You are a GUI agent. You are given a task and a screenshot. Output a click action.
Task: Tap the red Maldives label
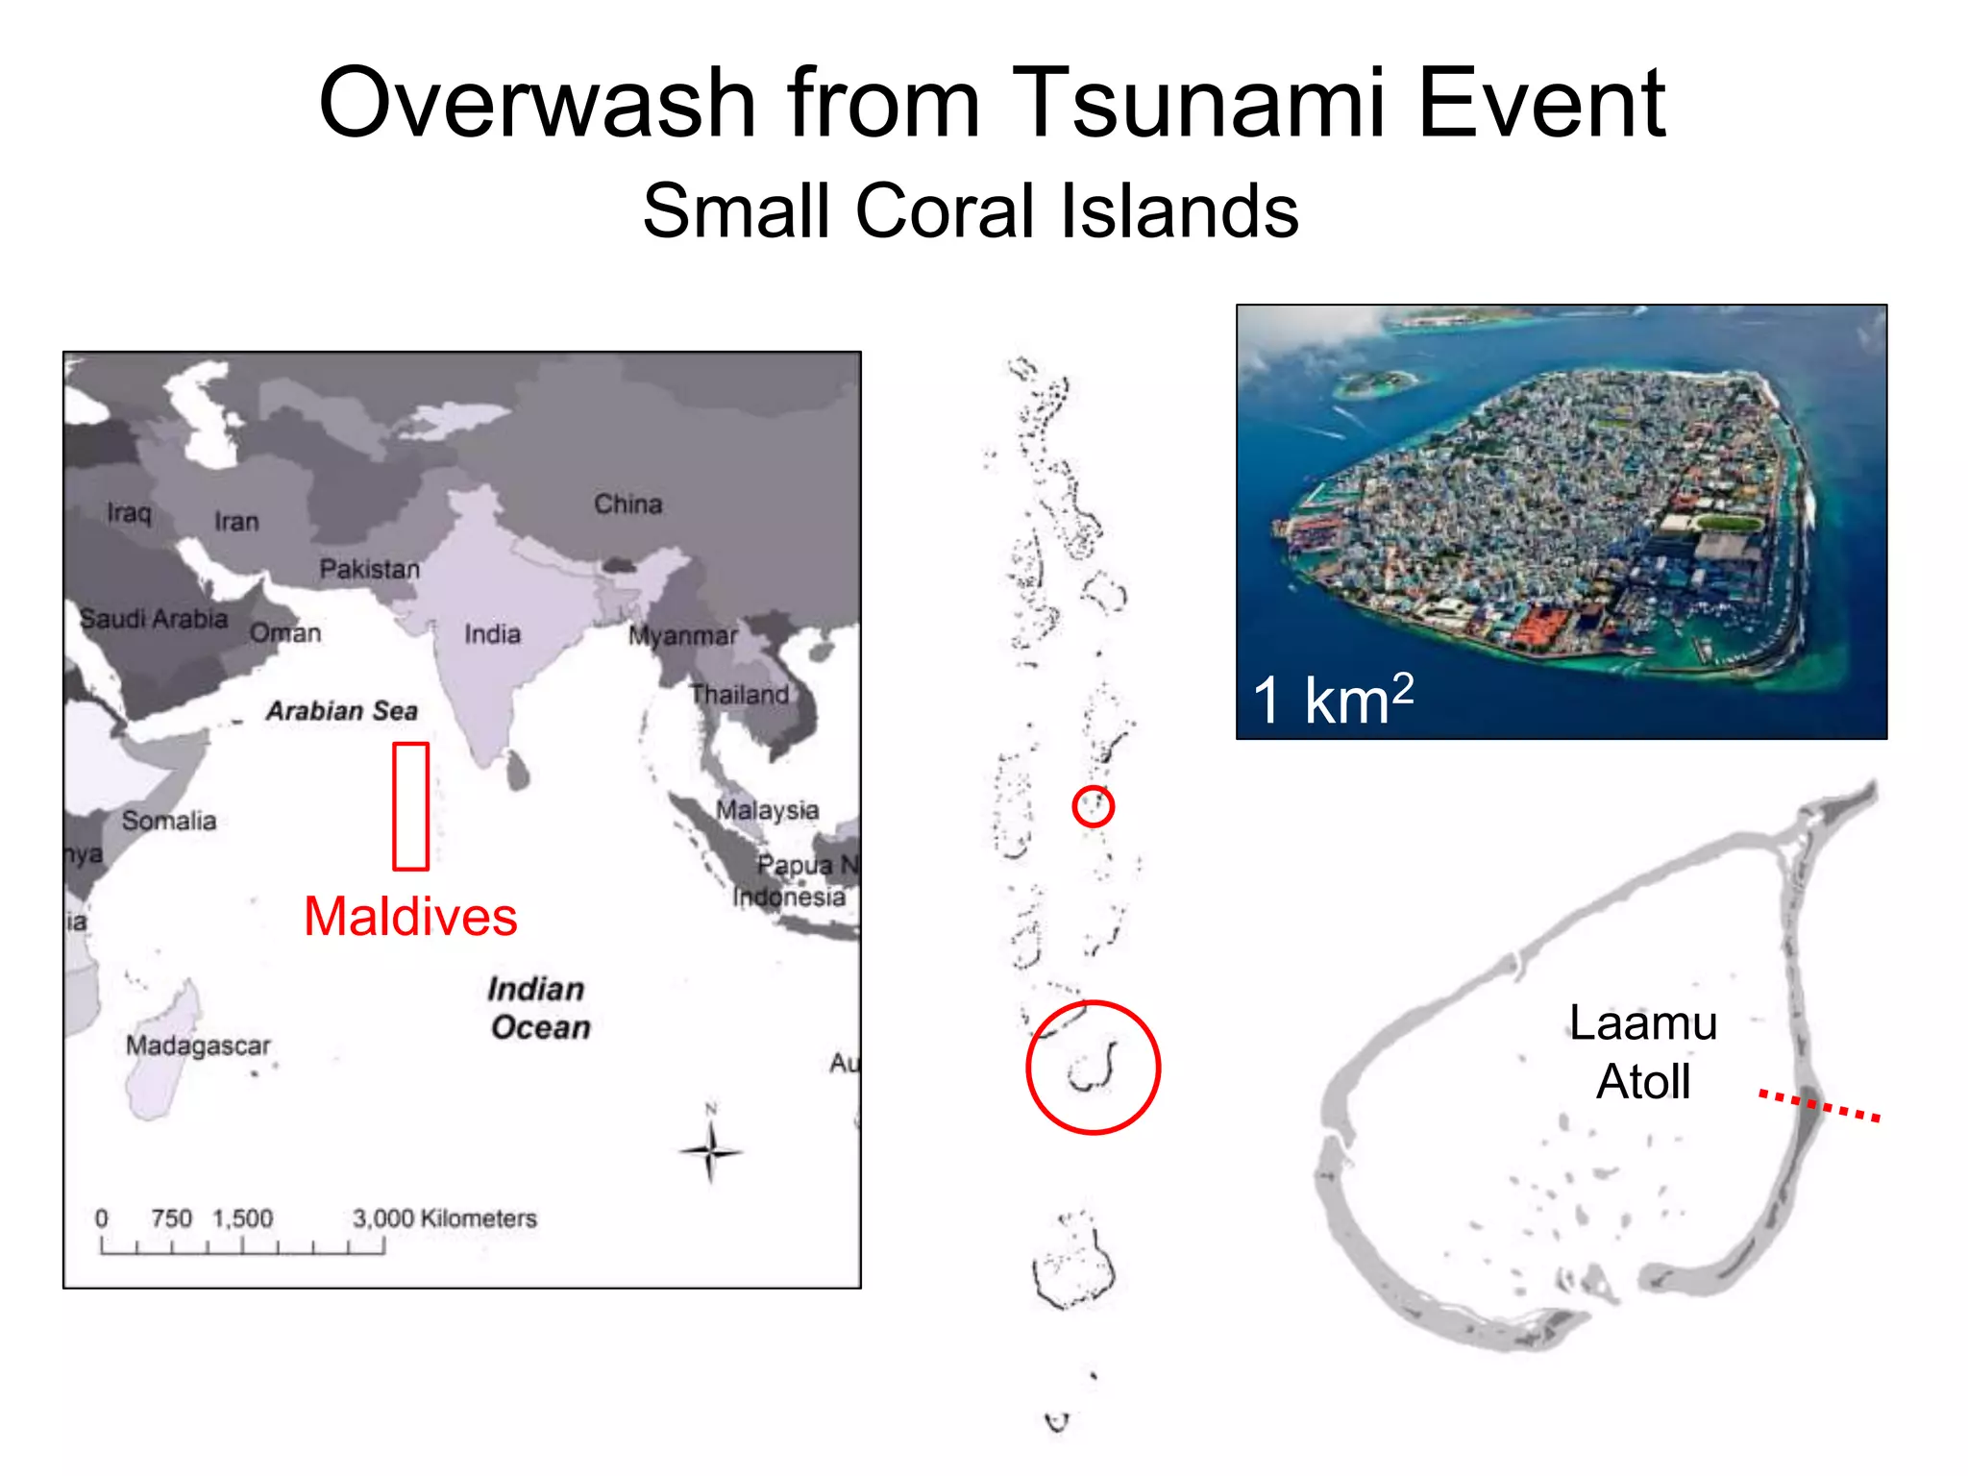click(410, 916)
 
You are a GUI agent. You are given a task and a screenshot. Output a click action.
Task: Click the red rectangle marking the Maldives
click(410, 805)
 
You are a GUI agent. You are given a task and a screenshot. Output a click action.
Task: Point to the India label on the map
click(492, 634)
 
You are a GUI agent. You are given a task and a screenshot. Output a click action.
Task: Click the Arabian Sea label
click(342, 711)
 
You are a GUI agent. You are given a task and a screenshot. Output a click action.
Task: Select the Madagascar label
click(198, 1045)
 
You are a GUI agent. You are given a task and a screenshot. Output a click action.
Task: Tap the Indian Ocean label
click(539, 1008)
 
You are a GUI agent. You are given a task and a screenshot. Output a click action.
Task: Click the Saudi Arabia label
click(154, 619)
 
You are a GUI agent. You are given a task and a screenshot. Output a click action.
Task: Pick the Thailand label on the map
click(739, 694)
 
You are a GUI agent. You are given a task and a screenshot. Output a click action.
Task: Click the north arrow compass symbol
click(711, 1150)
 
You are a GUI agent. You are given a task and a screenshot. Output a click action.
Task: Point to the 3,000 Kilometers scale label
click(444, 1218)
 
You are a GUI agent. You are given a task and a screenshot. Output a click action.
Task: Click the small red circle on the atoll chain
click(1093, 806)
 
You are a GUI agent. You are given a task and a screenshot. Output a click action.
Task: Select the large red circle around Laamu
click(1093, 1068)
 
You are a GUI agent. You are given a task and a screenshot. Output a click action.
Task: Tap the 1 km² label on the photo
click(1332, 699)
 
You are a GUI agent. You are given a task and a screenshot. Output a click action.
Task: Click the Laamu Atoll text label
click(1643, 1052)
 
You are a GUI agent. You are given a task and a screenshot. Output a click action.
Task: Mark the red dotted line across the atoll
click(1819, 1105)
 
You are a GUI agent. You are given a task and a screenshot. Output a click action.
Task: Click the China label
click(627, 504)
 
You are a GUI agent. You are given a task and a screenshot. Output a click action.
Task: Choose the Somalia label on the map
click(169, 821)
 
